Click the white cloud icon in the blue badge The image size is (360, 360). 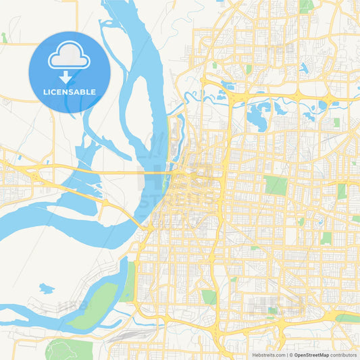70,59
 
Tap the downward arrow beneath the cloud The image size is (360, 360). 70,78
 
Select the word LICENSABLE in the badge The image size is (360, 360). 70,92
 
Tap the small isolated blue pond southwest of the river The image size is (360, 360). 46,289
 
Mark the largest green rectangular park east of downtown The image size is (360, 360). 276,185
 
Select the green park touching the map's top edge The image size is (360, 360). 306,5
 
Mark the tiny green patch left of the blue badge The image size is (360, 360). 4,38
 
